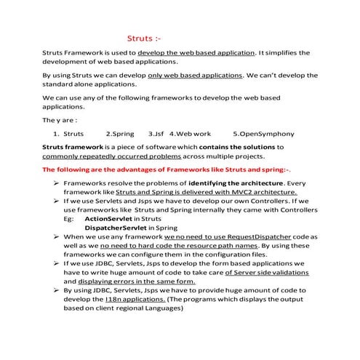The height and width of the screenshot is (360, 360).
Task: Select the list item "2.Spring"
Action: point(120,134)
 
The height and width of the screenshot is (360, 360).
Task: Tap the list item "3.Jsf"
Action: point(157,134)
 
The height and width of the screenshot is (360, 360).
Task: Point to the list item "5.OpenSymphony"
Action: point(253,134)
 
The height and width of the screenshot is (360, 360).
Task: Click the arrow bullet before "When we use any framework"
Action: point(56,236)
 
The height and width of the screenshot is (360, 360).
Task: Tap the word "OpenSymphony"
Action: point(257,134)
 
